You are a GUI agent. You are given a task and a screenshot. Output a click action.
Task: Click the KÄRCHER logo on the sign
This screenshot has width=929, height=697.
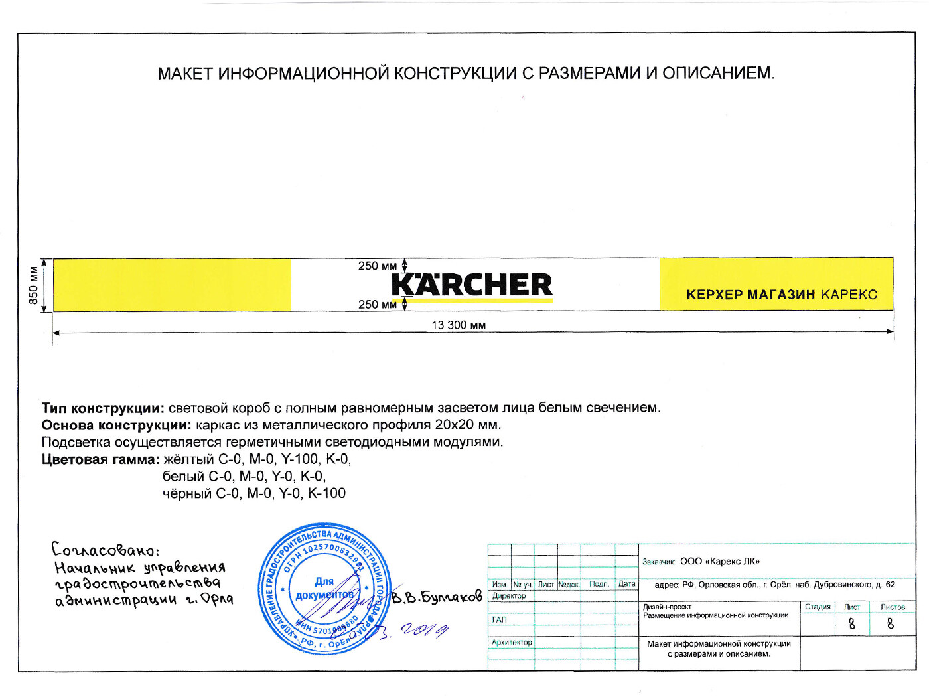click(x=472, y=285)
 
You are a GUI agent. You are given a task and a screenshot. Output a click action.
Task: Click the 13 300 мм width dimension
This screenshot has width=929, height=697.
click(x=459, y=325)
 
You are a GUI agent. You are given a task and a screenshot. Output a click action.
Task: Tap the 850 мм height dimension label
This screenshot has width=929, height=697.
click(x=33, y=285)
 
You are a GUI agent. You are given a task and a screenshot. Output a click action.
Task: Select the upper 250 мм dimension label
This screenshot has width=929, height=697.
click(x=377, y=266)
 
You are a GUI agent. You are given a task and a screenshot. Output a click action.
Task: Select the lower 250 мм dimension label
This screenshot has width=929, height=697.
click(x=377, y=305)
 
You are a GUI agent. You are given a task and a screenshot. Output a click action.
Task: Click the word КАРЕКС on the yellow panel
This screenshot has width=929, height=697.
click(x=849, y=295)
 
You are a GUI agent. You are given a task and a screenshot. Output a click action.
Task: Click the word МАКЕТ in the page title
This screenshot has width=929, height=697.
click(x=185, y=74)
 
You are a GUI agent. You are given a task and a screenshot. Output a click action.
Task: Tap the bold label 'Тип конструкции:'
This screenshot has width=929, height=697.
click(x=103, y=408)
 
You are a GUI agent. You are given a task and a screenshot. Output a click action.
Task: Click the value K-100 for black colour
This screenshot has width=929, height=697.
click(x=326, y=493)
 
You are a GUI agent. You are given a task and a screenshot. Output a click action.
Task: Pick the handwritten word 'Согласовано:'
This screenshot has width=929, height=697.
click(x=105, y=550)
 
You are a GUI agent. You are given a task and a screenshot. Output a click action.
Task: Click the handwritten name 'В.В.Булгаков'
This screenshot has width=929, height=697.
click(x=437, y=597)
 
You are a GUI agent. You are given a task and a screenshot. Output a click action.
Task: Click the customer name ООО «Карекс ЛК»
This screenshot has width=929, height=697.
click(x=720, y=562)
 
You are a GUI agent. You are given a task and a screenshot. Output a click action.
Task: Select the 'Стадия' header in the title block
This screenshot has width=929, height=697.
click(x=818, y=607)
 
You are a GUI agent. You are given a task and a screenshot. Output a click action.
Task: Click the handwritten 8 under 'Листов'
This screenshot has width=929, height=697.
click(x=891, y=624)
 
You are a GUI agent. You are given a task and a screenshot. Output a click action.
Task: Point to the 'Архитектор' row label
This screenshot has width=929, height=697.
click(x=512, y=643)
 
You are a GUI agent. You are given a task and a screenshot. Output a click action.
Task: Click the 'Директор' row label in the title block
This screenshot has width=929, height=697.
click(x=509, y=596)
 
